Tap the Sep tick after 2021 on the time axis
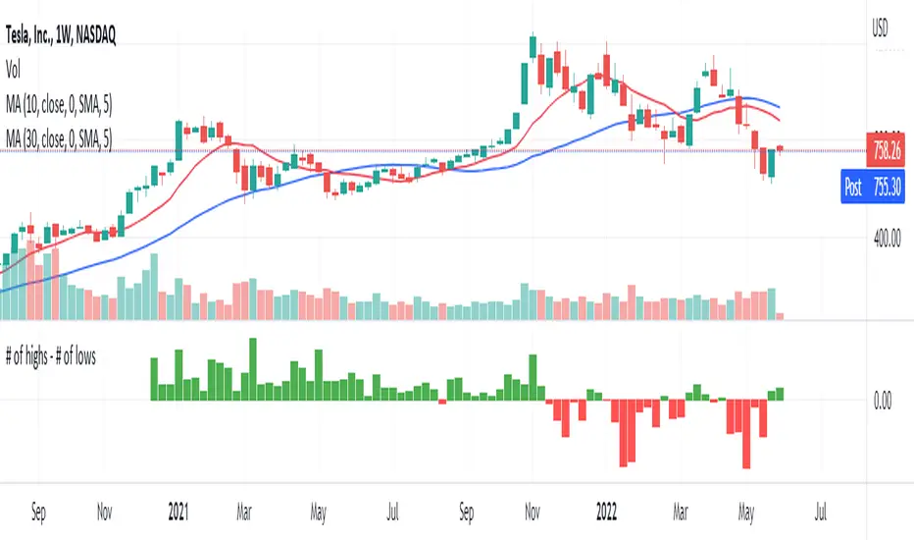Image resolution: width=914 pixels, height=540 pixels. (x=467, y=511)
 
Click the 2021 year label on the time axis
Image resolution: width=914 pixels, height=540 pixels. (x=178, y=511)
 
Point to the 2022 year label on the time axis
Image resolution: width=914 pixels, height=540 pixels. (x=607, y=511)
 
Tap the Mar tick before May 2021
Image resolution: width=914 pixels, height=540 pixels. (x=247, y=511)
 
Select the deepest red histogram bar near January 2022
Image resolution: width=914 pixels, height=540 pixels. (x=623, y=432)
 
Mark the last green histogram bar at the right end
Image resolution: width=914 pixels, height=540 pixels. (x=781, y=395)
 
